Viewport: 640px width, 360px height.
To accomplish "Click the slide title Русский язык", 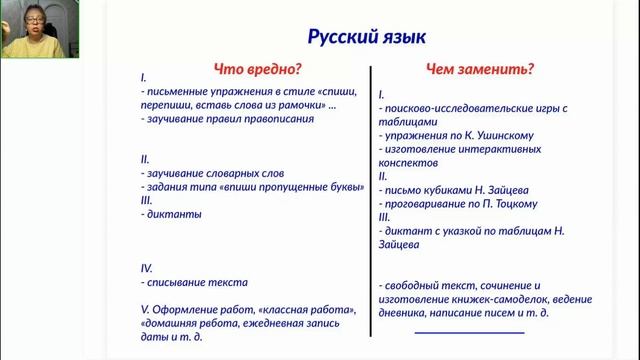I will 365,37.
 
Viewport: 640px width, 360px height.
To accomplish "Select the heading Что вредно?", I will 258,69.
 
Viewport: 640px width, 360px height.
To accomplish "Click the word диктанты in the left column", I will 175,214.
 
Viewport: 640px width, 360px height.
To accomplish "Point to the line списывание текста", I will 197,282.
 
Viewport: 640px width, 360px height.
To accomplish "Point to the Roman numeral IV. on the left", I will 147,268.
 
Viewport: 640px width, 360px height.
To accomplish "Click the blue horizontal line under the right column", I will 469,332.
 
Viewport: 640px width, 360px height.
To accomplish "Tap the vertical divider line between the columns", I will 372,200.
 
